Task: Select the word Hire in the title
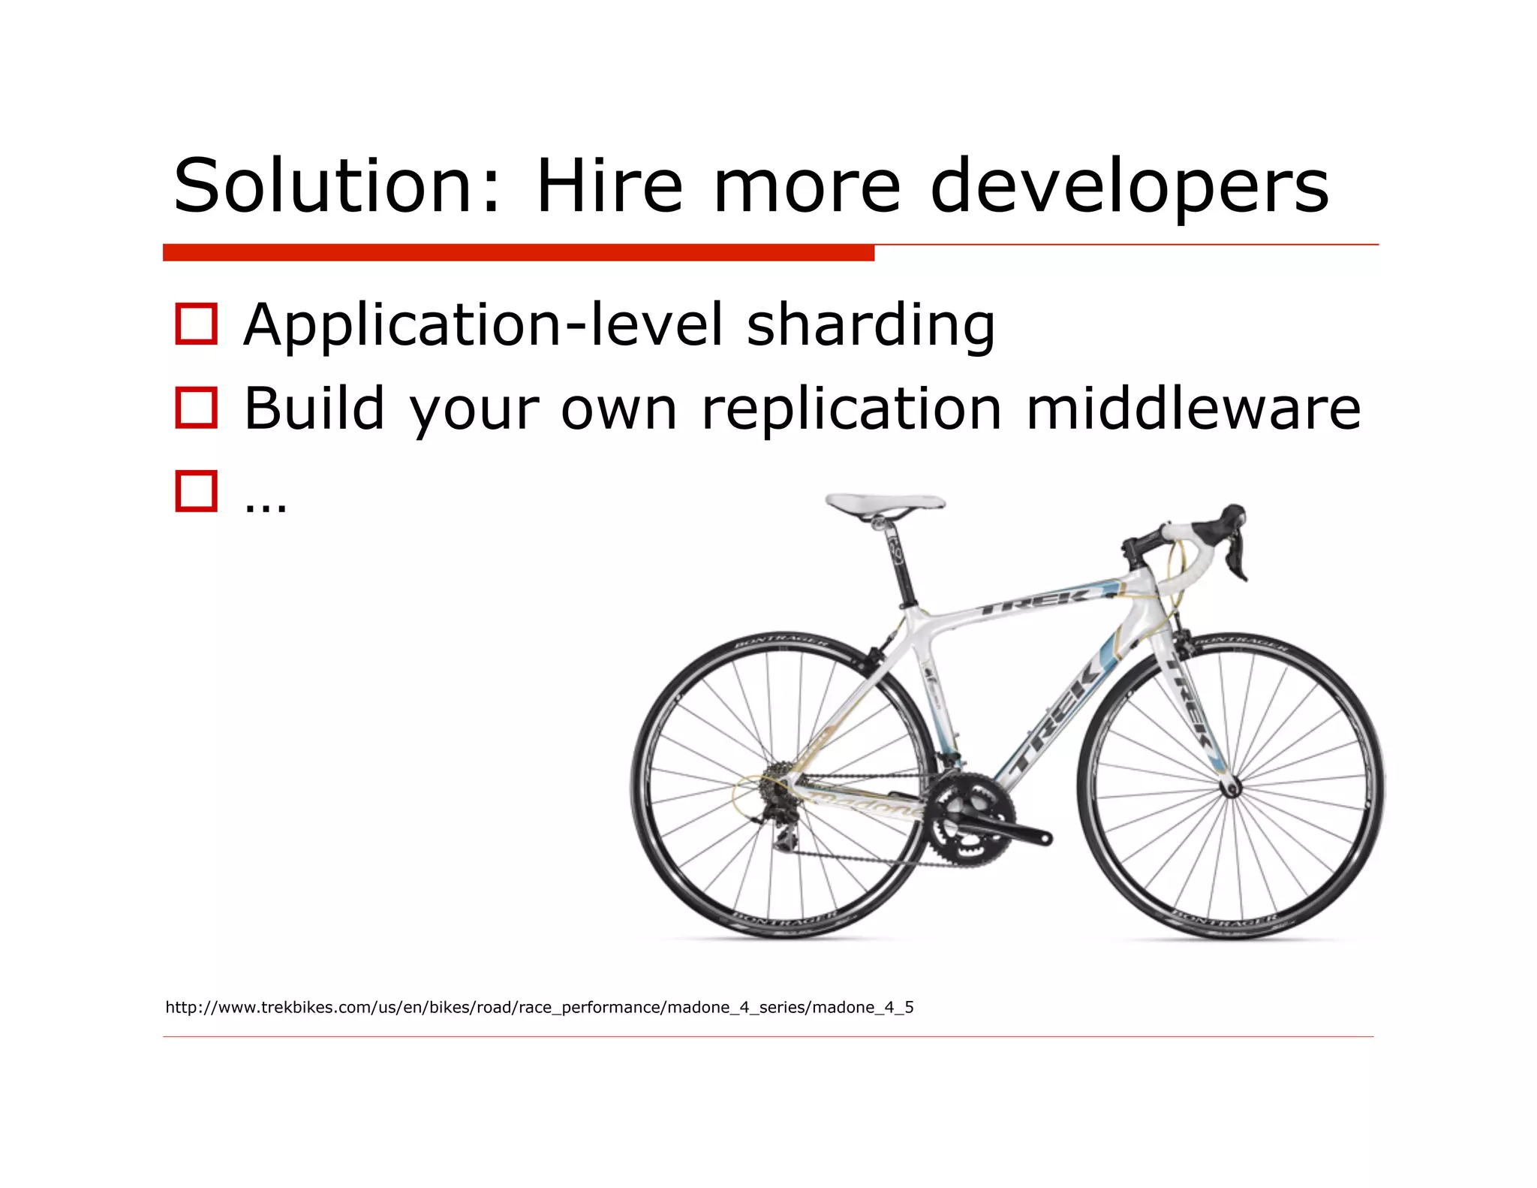point(609,185)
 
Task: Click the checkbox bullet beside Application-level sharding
point(196,324)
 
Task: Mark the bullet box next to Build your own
point(196,408)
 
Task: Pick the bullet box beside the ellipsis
point(196,491)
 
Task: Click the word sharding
point(871,325)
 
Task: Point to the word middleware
point(1193,409)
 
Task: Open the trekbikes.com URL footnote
point(539,1007)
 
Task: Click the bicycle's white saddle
point(886,503)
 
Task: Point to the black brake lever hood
point(1229,522)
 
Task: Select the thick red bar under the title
point(518,252)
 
